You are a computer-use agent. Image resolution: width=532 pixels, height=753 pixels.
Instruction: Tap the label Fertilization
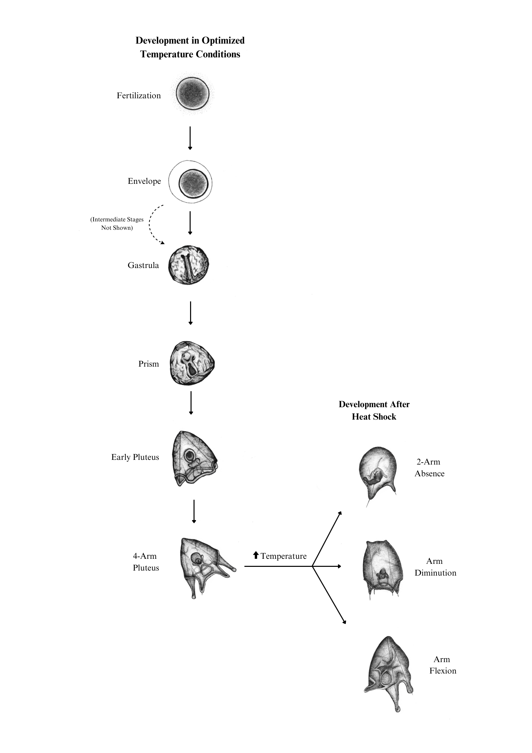tap(139, 96)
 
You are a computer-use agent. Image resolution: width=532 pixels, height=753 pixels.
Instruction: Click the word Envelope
tap(144, 181)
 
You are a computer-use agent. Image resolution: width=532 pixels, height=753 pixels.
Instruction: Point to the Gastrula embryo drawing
tap(188, 265)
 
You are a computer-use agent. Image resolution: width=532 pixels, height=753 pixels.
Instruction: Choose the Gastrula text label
tap(143, 265)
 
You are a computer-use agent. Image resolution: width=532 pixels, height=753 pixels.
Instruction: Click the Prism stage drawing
tap(191, 363)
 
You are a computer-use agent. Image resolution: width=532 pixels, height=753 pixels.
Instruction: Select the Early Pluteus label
tap(135, 457)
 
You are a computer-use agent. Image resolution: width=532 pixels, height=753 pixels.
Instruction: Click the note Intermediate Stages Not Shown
tap(117, 223)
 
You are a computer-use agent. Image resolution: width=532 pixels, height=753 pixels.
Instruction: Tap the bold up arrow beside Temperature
tap(256, 555)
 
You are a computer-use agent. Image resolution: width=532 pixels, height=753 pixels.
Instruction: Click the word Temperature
tap(284, 556)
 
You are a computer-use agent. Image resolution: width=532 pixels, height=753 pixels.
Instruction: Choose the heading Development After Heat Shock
tap(374, 410)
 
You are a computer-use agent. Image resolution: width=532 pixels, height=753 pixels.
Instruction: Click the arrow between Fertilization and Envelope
tap(190, 138)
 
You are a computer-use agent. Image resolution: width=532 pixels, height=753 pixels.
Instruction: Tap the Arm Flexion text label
tap(442, 665)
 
